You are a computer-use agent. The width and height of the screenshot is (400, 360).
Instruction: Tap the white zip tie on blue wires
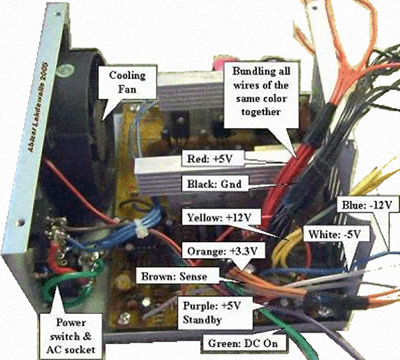point(141,230)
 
